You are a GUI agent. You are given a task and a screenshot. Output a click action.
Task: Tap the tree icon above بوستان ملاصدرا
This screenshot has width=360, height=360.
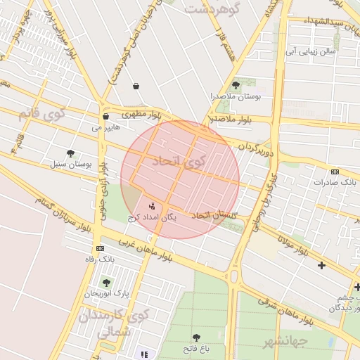236,85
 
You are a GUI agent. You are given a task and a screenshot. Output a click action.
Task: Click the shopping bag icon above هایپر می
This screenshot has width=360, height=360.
105,117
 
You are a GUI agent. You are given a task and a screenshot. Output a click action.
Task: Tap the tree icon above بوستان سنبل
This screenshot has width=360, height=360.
70,153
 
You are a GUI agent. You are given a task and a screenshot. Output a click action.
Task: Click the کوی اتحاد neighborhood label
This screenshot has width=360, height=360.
181,162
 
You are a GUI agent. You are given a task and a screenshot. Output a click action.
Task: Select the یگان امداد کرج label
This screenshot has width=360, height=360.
152,218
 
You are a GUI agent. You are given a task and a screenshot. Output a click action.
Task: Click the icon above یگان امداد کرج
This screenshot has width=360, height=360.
153,206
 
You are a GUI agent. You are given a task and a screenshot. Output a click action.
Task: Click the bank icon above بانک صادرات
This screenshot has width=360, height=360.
334,172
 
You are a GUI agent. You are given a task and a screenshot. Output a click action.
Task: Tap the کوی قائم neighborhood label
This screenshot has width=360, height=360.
42,112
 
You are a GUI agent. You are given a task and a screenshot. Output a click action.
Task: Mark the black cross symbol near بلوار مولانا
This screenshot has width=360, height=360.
321,265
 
